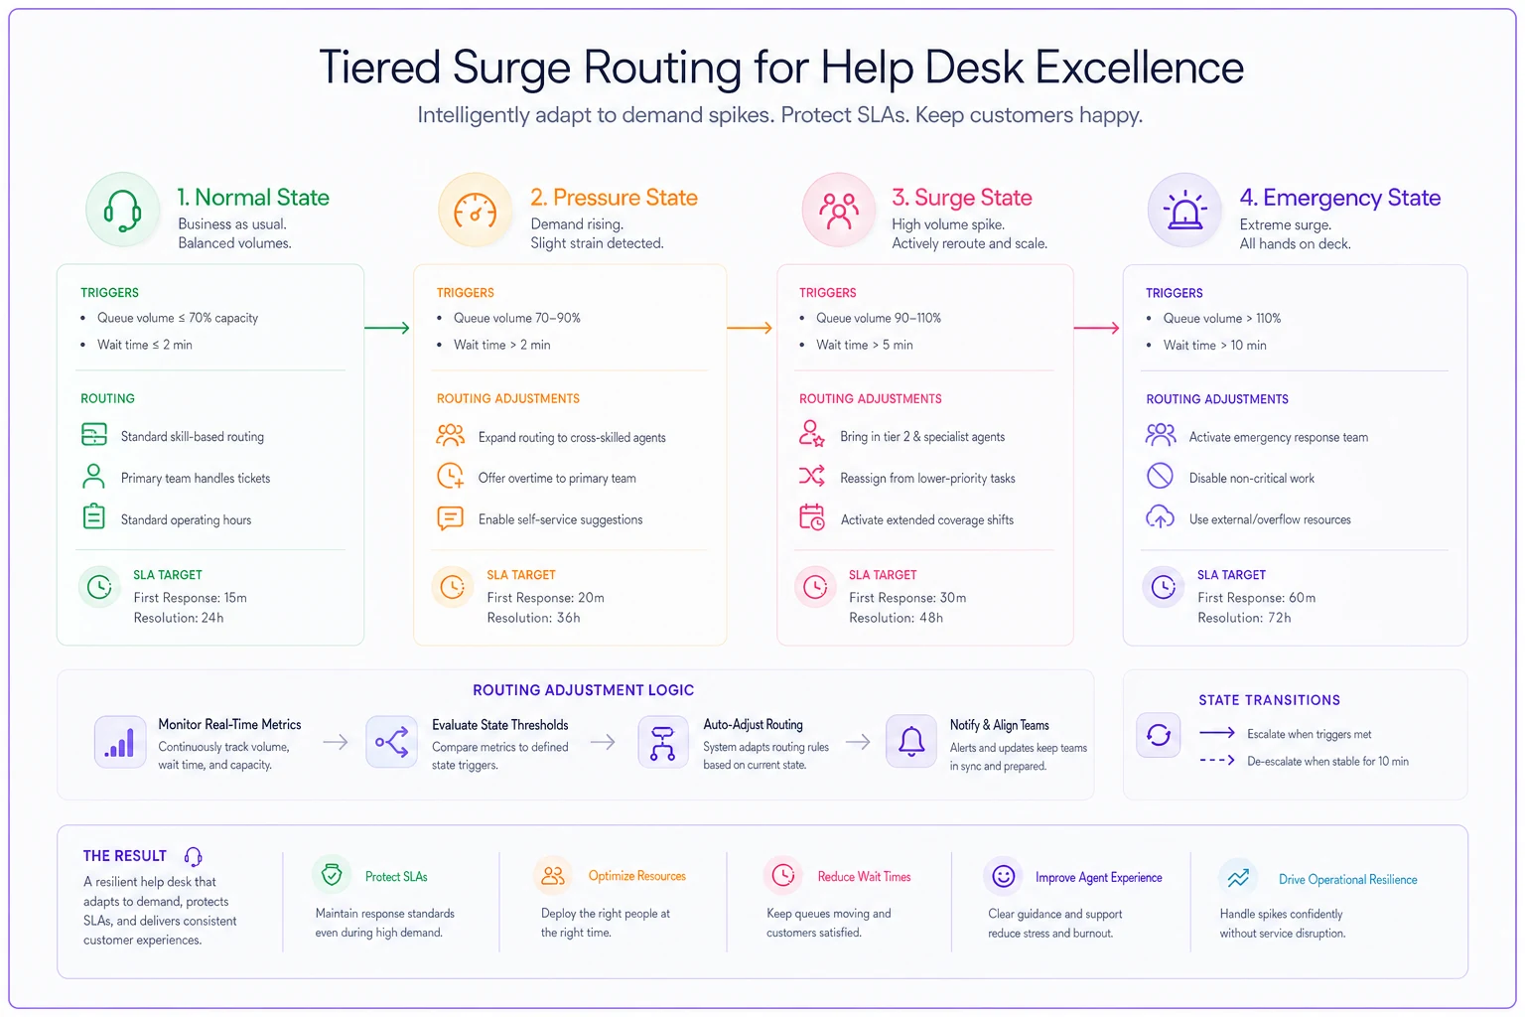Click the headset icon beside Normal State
tap(122, 211)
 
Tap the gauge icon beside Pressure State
tap(475, 211)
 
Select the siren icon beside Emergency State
tap(1184, 210)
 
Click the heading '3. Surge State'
tap(961, 198)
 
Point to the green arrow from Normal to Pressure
tap(386, 328)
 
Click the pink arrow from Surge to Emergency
tap(1096, 328)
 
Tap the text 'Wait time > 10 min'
tap(1214, 346)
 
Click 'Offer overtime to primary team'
tap(557, 478)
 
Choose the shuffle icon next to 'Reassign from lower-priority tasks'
tap(811, 476)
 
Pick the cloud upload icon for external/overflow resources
tap(1160, 517)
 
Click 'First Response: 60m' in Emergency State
tap(1256, 598)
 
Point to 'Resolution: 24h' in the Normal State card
tap(179, 618)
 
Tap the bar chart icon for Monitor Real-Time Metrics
tap(120, 742)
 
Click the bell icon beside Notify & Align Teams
tap(910, 741)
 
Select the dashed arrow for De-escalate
tap(1217, 760)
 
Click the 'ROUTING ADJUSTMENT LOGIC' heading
tap(584, 690)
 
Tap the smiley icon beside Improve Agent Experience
tap(1003, 876)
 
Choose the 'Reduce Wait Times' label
tap(864, 877)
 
